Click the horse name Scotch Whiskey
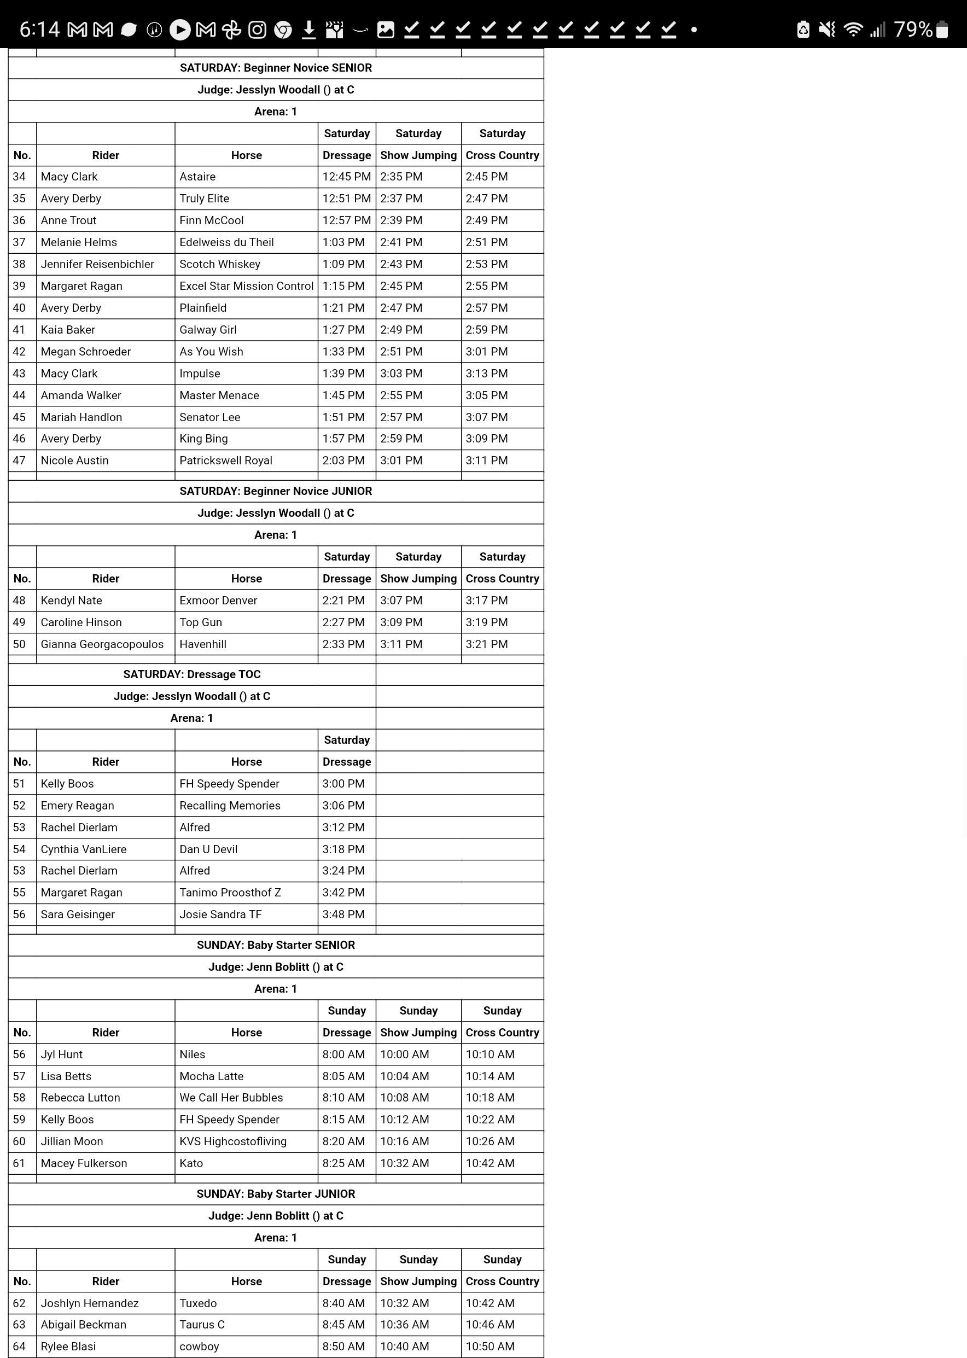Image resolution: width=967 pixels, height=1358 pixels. point(220,264)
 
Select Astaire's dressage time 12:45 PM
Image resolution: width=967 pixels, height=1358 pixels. point(347,177)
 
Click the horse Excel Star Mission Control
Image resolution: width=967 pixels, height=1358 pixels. point(246,287)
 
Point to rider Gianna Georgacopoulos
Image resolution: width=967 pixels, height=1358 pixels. point(102,644)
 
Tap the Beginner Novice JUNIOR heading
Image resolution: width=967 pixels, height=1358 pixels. point(276,491)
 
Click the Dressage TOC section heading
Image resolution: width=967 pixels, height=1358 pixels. point(192,674)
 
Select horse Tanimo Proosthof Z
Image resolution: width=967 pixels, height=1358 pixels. point(230,893)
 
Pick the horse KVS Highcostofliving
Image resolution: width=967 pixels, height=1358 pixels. point(233,1141)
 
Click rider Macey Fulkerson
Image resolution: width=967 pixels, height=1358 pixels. point(84,1163)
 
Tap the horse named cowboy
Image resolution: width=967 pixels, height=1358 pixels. point(199,1347)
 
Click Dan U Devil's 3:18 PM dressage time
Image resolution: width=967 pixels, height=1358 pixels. point(343,849)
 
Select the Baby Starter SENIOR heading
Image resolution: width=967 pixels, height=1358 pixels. point(276,946)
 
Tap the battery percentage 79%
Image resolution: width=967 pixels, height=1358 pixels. point(913,29)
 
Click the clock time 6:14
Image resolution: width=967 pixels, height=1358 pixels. point(39,29)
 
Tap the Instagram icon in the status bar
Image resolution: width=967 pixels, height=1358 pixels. point(257,29)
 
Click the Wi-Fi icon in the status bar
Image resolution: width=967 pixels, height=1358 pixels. point(853,29)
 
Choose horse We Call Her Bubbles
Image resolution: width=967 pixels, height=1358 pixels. point(231,1098)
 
